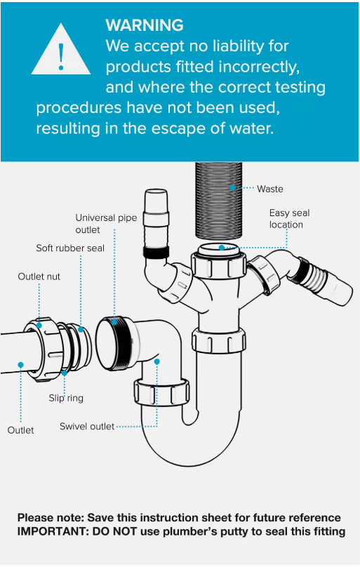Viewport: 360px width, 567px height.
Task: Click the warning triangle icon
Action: click(x=61, y=51)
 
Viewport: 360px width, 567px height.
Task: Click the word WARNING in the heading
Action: click(x=145, y=25)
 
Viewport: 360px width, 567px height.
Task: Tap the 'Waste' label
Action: click(x=270, y=189)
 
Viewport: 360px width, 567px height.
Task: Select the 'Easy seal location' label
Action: click(x=289, y=218)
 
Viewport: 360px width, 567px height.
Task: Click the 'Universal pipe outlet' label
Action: click(x=106, y=223)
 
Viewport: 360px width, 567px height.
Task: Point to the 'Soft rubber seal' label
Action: click(x=70, y=248)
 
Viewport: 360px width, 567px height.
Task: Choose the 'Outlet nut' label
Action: click(x=39, y=276)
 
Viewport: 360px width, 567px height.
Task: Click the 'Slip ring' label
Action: click(x=66, y=398)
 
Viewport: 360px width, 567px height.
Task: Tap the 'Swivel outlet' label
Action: click(x=87, y=427)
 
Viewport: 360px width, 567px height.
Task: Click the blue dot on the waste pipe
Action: click(x=232, y=187)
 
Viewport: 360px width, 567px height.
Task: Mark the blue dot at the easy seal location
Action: click(x=222, y=248)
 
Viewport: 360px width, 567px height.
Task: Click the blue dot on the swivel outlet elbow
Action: click(x=157, y=361)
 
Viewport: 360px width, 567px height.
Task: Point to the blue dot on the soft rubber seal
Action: click(x=81, y=329)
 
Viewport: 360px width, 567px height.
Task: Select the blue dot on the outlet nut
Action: click(x=39, y=326)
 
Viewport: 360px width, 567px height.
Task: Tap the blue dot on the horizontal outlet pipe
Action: click(x=20, y=365)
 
